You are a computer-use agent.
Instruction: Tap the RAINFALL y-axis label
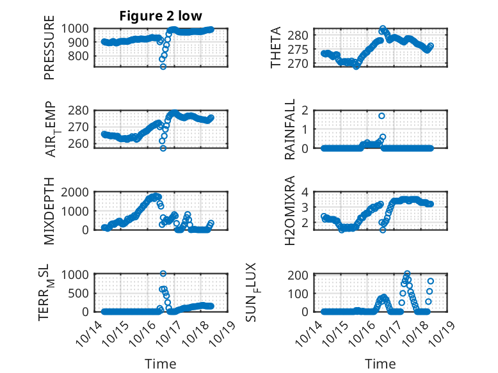[x=290, y=129]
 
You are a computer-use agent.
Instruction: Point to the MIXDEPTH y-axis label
[x=49, y=210]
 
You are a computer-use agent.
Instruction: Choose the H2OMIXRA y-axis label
[x=289, y=210]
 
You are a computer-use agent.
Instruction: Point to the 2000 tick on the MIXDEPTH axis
[x=79, y=192]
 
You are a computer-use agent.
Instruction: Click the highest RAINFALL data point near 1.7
[x=382, y=116]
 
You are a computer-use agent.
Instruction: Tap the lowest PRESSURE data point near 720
[x=163, y=67]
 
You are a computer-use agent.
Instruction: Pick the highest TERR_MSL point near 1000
[x=163, y=274]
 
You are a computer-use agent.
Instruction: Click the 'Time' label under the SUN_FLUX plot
[x=380, y=364]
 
